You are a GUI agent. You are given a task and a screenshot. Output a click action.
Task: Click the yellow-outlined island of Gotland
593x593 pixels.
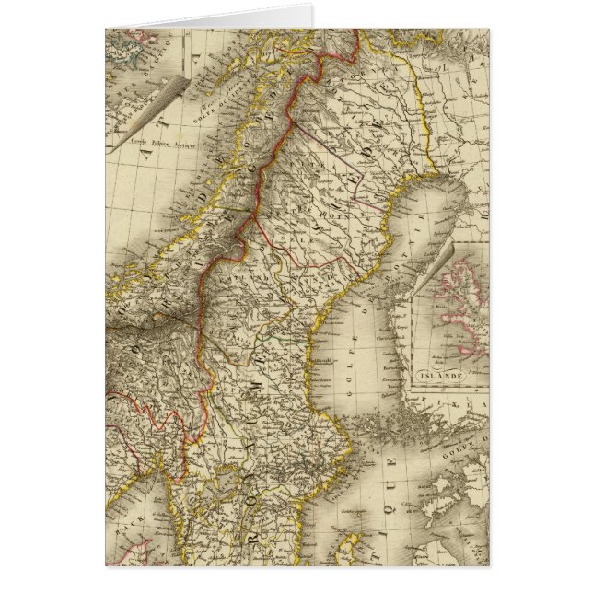point(343,530)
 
